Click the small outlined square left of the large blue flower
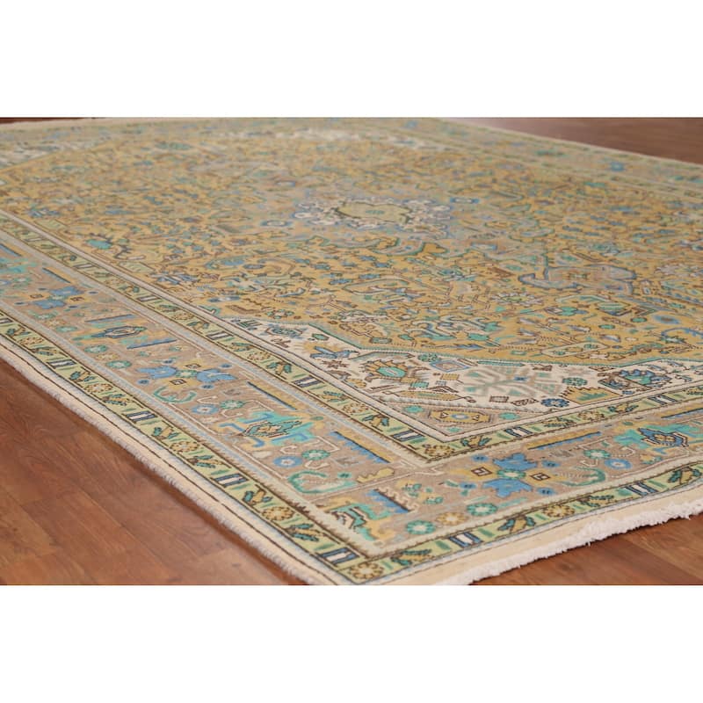point(482,470)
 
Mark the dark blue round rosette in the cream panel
point(554,402)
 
